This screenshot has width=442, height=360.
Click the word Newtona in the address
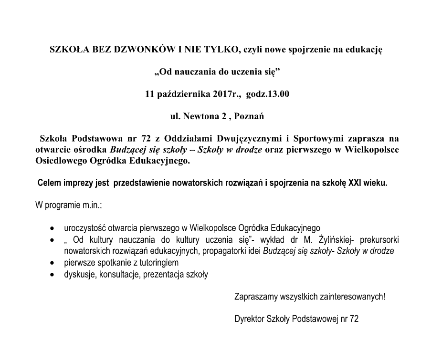197,116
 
